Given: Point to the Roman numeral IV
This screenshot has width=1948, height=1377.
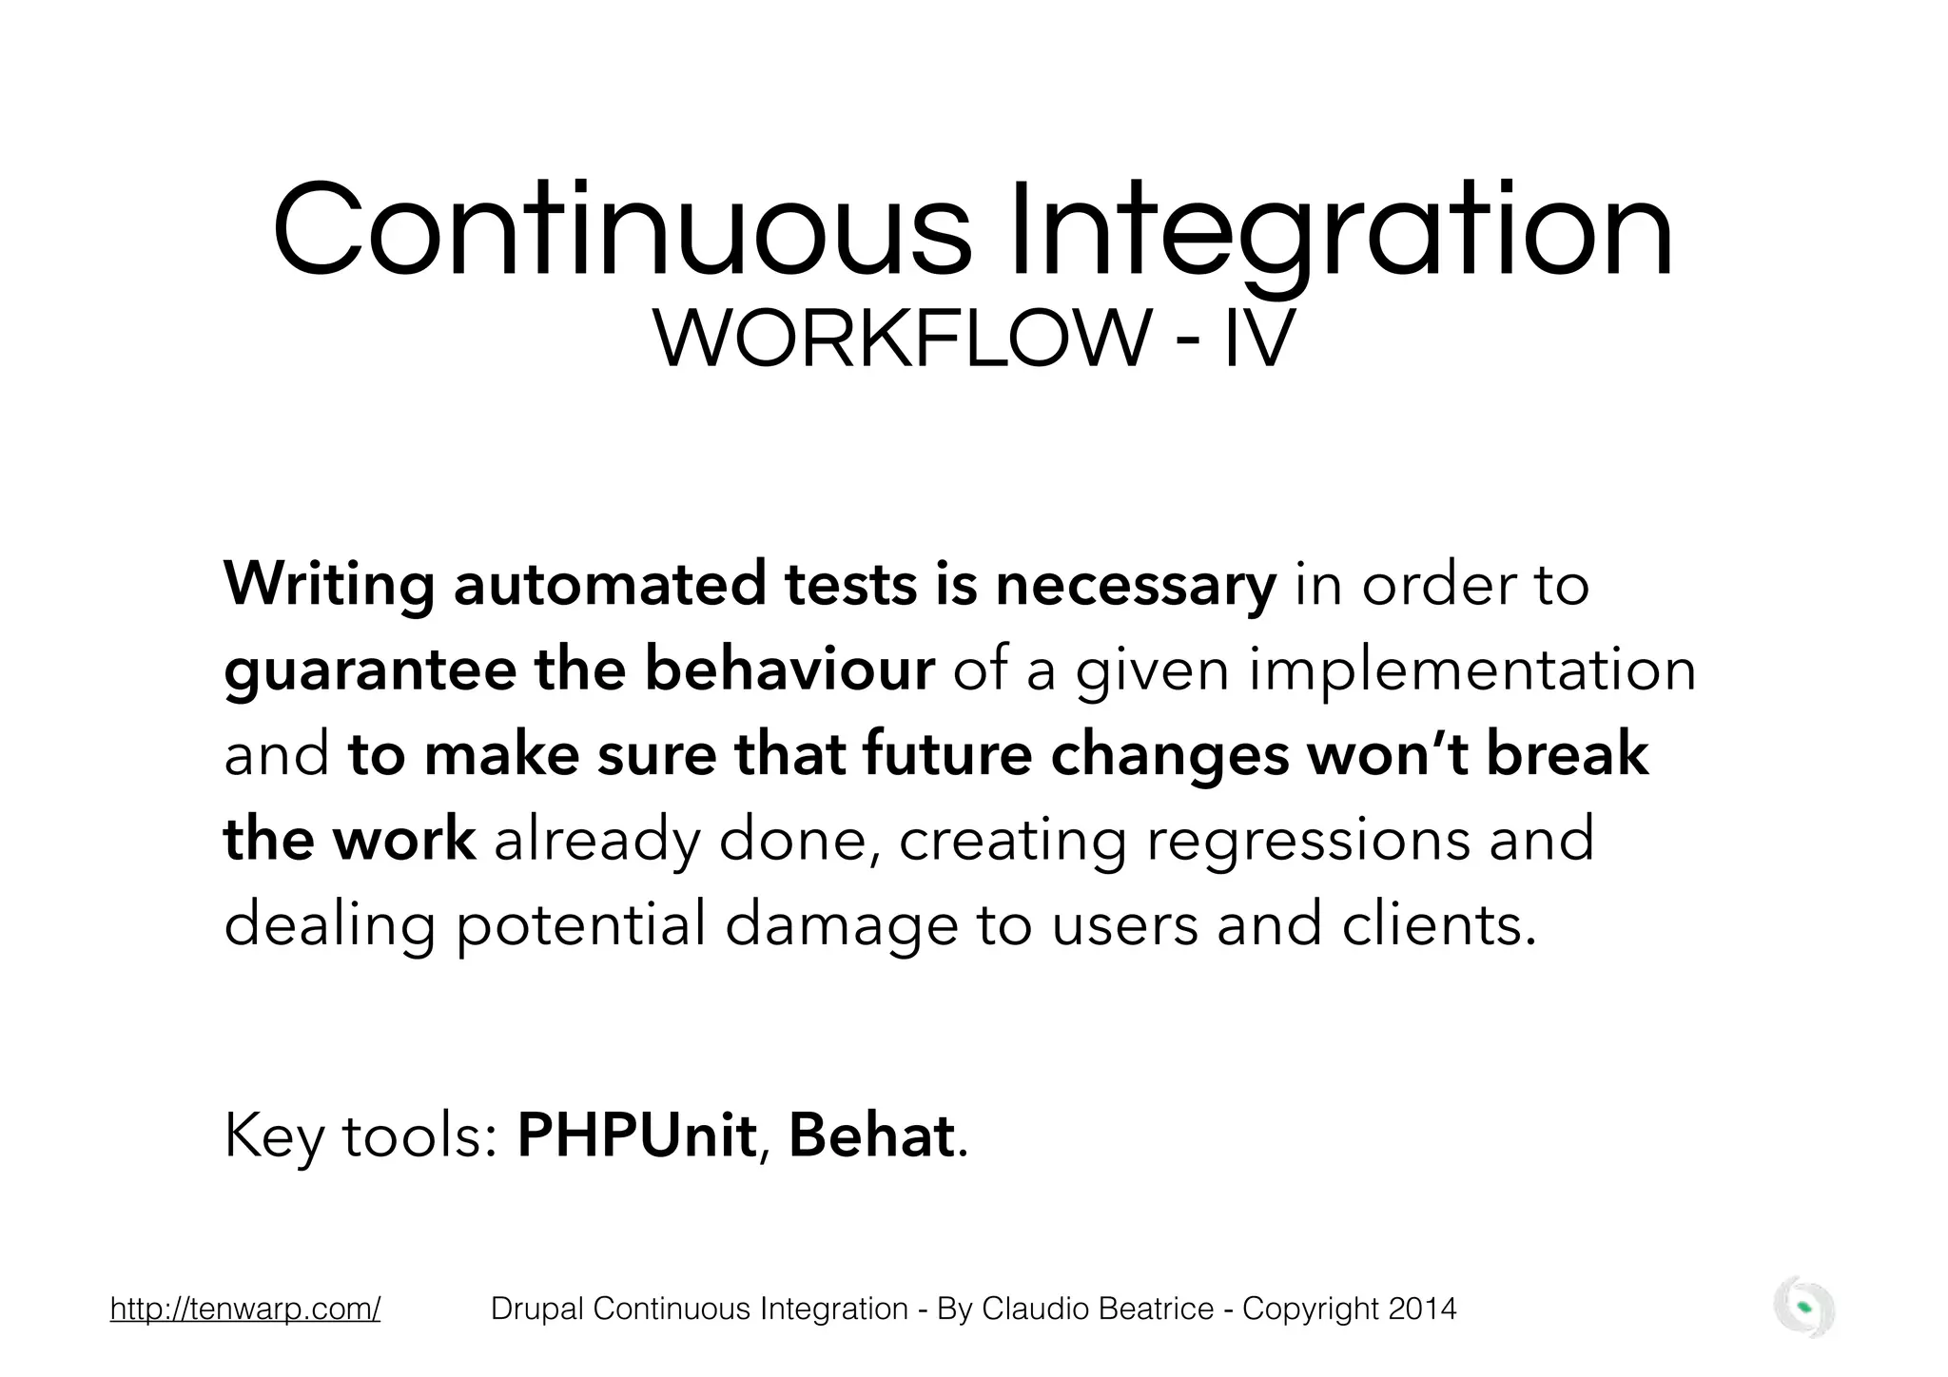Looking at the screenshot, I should [x=1258, y=340].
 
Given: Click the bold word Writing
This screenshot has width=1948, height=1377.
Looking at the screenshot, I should [x=329, y=585].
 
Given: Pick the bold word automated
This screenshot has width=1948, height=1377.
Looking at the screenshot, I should [x=609, y=585].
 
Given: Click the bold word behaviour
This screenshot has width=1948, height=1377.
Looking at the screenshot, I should [x=789, y=669].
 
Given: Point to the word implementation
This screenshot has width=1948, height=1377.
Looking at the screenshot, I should [x=1472, y=670].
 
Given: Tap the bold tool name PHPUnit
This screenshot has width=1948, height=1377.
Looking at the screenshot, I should [x=636, y=1135].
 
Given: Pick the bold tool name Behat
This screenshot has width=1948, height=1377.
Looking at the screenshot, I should [x=871, y=1135].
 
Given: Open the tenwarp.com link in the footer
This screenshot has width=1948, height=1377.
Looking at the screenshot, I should [x=245, y=1309].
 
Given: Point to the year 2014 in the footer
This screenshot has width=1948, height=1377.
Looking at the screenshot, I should [x=1422, y=1309].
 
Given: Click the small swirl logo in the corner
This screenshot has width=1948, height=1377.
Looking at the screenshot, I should [x=1804, y=1309].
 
